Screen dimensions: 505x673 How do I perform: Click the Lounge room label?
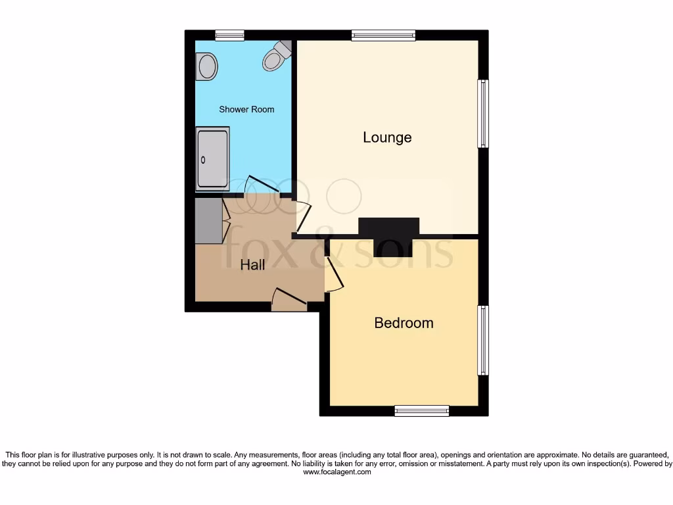(387, 137)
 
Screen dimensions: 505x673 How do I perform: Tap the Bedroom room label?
(404, 323)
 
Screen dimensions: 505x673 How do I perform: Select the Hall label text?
(252, 265)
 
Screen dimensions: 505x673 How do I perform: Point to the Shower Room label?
(246, 109)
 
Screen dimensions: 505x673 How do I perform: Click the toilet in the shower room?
(276, 55)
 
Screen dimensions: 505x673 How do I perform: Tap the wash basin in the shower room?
(207, 67)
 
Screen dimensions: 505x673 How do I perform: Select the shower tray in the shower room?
(212, 158)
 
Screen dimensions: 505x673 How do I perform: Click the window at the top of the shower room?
(230, 36)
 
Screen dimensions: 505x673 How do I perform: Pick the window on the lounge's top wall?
(383, 36)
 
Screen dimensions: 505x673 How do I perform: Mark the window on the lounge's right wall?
(483, 113)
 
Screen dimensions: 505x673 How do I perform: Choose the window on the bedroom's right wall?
(483, 339)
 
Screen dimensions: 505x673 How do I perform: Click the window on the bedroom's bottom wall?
(421, 411)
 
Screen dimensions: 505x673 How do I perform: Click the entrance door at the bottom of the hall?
(289, 300)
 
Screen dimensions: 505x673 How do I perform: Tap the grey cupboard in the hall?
(209, 220)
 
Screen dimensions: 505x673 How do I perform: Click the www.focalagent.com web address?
(336, 472)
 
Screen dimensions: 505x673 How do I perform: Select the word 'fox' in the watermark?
(257, 248)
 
